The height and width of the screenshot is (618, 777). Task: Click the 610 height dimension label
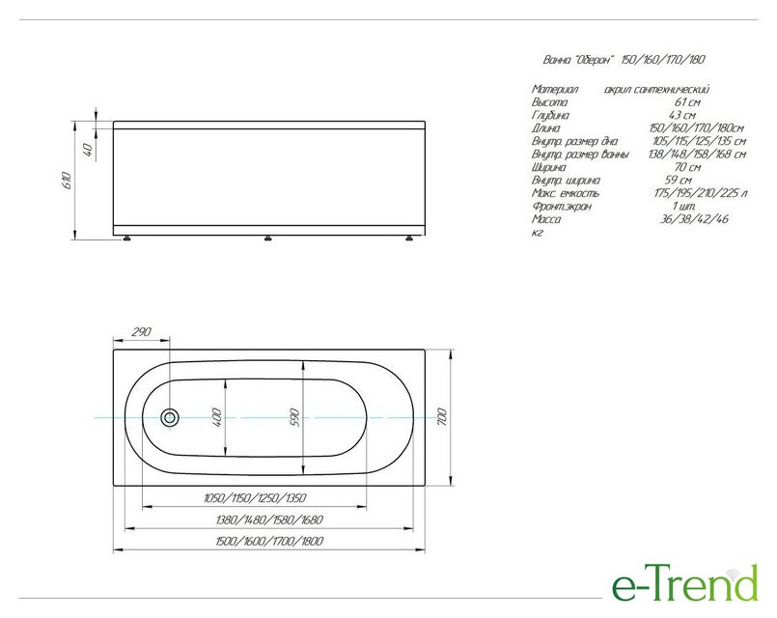68,180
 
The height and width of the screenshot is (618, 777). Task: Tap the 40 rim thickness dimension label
88,149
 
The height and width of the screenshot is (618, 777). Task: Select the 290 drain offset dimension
141,331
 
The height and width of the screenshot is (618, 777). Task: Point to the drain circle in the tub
170,417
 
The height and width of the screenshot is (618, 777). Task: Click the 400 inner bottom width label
216,417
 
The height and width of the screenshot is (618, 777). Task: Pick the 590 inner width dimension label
294,417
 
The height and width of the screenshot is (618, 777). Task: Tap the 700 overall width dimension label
442,417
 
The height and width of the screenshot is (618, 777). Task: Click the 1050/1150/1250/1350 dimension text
255,497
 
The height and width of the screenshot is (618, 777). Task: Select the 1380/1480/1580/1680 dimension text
269,520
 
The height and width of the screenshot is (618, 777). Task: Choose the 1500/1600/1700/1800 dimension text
269,541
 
